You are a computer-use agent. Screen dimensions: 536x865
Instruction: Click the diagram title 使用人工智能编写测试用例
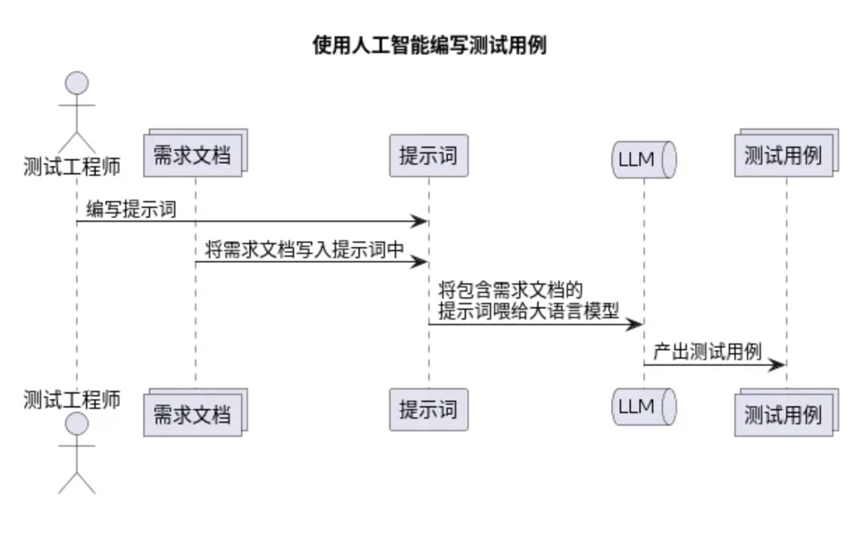(x=429, y=46)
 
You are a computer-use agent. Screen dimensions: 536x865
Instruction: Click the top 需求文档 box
(x=192, y=155)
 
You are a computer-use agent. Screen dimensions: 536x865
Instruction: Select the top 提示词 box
(x=428, y=155)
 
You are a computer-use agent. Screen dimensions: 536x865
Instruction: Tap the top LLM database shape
(x=644, y=159)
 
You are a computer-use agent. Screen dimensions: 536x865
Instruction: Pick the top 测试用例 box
(x=783, y=155)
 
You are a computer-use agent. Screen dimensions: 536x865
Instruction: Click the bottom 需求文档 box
(x=192, y=414)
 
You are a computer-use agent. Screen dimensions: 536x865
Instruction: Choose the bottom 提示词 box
(x=428, y=410)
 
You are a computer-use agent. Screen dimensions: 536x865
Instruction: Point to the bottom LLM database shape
(x=644, y=407)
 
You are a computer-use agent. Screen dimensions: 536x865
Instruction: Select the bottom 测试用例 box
(x=783, y=415)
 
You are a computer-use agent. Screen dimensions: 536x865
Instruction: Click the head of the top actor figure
(x=76, y=84)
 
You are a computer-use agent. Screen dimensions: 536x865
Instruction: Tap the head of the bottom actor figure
(x=76, y=424)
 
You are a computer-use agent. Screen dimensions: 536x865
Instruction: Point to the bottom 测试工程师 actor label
(x=72, y=399)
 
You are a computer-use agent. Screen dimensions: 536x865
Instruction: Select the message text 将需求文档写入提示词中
(x=305, y=250)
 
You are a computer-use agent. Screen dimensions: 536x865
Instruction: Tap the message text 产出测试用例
(x=707, y=352)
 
